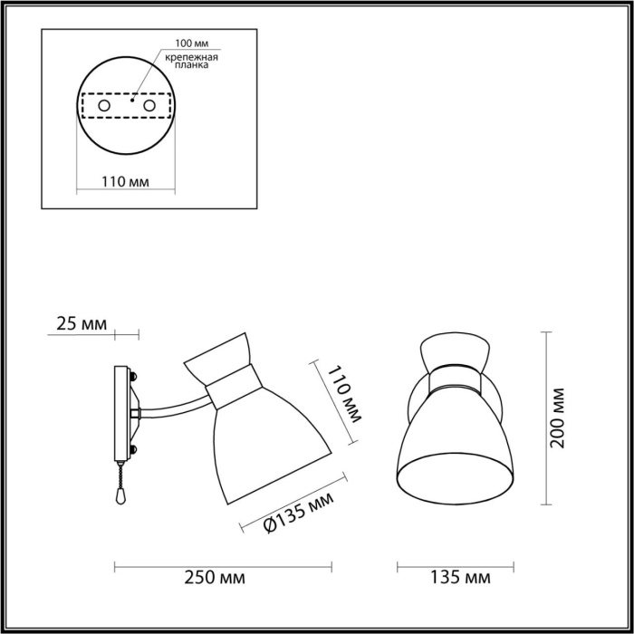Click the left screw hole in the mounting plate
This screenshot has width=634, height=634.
104,107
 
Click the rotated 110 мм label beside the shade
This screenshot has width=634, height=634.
344,395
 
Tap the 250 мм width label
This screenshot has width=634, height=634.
222,577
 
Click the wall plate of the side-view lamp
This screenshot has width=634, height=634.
120,412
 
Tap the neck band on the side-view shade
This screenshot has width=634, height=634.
231,389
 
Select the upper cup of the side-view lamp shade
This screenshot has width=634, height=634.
218,359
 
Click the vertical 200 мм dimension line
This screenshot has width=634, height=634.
545,418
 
